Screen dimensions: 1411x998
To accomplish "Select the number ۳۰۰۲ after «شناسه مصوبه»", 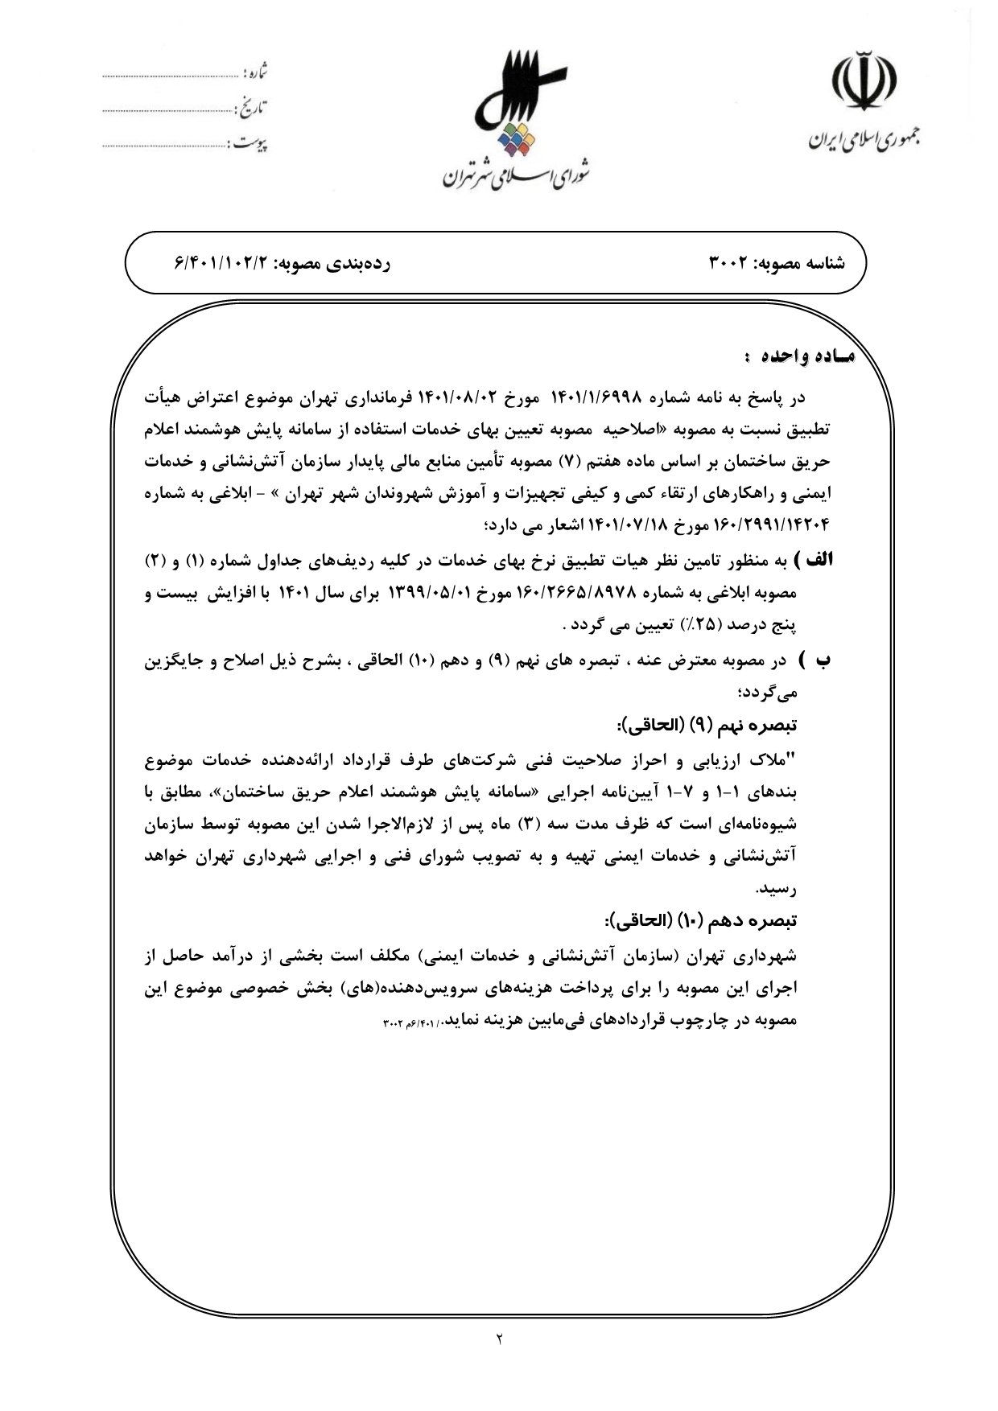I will [x=731, y=263].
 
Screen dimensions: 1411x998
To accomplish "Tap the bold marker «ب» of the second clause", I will [x=823, y=660].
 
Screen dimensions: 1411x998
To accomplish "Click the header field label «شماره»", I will [x=255, y=75].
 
